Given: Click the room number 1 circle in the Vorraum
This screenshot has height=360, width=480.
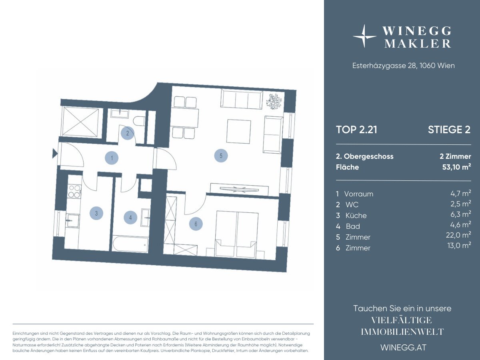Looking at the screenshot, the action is [x=112, y=158].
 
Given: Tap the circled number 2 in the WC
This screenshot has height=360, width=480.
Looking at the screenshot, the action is [x=128, y=133].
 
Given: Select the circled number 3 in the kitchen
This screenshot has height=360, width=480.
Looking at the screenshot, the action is [x=96, y=213].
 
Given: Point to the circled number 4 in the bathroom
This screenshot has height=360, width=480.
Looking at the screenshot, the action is [x=130, y=218].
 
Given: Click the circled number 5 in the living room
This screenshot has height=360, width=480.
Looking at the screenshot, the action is [x=221, y=156].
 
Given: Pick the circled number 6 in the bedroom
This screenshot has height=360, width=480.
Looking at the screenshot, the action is [x=196, y=224].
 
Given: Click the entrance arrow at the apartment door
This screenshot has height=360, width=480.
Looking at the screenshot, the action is [x=55, y=154].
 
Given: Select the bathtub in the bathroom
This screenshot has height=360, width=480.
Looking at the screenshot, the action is [x=130, y=244].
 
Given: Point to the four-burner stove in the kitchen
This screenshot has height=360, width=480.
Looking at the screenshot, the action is [x=74, y=191].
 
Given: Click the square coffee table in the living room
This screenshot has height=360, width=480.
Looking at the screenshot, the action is [x=239, y=131].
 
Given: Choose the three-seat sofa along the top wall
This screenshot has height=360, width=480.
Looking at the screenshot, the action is [x=242, y=100].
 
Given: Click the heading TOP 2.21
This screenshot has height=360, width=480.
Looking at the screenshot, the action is [x=357, y=130].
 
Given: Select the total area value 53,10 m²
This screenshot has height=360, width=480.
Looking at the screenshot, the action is [x=456, y=167].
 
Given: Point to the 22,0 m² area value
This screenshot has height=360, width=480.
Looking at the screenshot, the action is [x=458, y=235].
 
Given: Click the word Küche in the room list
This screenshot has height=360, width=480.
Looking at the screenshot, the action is [x=356, y=216].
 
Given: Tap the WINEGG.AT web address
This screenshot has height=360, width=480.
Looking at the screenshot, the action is [x=404, y=347].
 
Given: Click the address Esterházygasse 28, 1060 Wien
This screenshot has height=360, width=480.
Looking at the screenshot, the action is [x=404, y=66].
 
